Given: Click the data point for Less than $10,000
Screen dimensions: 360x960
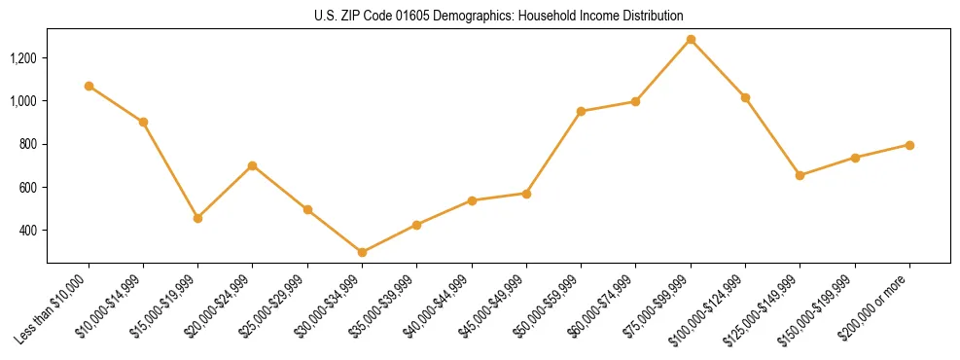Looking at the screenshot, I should click(x=89, y=86).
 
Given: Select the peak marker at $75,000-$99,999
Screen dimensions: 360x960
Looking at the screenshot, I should click(x=691, y=40).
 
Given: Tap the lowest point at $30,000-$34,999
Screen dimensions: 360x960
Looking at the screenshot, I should click(x=362, y=252).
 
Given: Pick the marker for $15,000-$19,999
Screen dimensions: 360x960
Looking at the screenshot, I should click(x=198, y=218).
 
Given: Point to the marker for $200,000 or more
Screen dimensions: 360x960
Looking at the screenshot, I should click(x=909, y=145).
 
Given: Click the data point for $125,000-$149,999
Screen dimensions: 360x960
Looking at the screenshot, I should click(x=800, y=175).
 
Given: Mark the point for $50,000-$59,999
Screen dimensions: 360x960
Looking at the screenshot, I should click(x=581, y=111).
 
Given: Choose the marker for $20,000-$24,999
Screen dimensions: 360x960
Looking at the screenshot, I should click(x=253, y=165).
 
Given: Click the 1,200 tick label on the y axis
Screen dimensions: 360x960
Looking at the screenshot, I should click(x=22, y=58).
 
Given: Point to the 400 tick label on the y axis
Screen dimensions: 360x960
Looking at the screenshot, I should click(x=27, y=231).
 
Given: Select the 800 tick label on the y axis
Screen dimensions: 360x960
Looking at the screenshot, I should click(x=27, y=144).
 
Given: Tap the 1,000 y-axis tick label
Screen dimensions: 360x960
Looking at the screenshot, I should click(x=22, y=101).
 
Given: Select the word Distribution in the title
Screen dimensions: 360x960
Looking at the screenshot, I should click(x=650, y=17).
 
